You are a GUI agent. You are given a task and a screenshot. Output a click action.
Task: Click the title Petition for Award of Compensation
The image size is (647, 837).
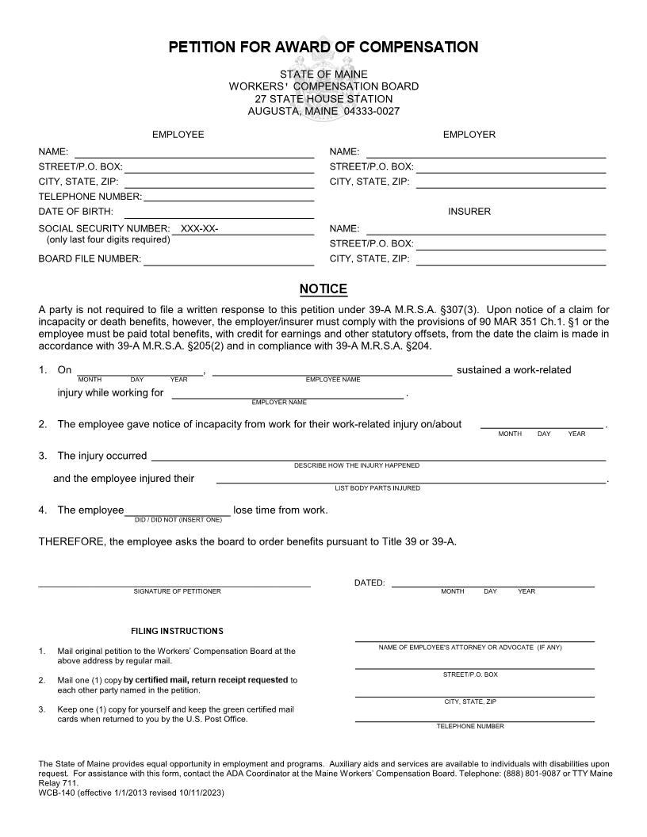coord(323,48)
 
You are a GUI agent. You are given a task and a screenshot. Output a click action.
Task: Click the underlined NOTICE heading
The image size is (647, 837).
coord(323,289)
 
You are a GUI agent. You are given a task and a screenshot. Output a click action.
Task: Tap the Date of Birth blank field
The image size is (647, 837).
coord(219,212)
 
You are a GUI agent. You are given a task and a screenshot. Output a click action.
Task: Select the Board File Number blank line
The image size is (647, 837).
coord(228,259)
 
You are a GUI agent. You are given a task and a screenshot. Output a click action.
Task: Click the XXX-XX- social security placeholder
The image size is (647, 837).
coord(199,229)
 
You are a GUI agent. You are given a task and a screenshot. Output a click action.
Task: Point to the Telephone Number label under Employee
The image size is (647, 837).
coord(90,197)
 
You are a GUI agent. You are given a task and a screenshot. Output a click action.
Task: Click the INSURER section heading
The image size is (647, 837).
coord(469,212)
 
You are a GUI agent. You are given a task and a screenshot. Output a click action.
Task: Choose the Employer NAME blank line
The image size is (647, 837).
coord(484,152)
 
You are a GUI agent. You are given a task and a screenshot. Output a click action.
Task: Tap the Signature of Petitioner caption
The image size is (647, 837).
coord(177,591)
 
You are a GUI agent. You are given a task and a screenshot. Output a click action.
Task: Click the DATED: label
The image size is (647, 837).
coord(369,583)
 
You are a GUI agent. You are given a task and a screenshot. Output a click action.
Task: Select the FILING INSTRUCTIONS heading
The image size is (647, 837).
coord(177,631)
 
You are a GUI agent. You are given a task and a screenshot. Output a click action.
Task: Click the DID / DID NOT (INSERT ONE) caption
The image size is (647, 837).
coord(178,520)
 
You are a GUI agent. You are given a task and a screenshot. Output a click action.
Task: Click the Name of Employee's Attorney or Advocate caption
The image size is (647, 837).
coord(470,648)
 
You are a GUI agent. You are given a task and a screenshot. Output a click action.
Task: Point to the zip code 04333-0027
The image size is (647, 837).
coord(372,112)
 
